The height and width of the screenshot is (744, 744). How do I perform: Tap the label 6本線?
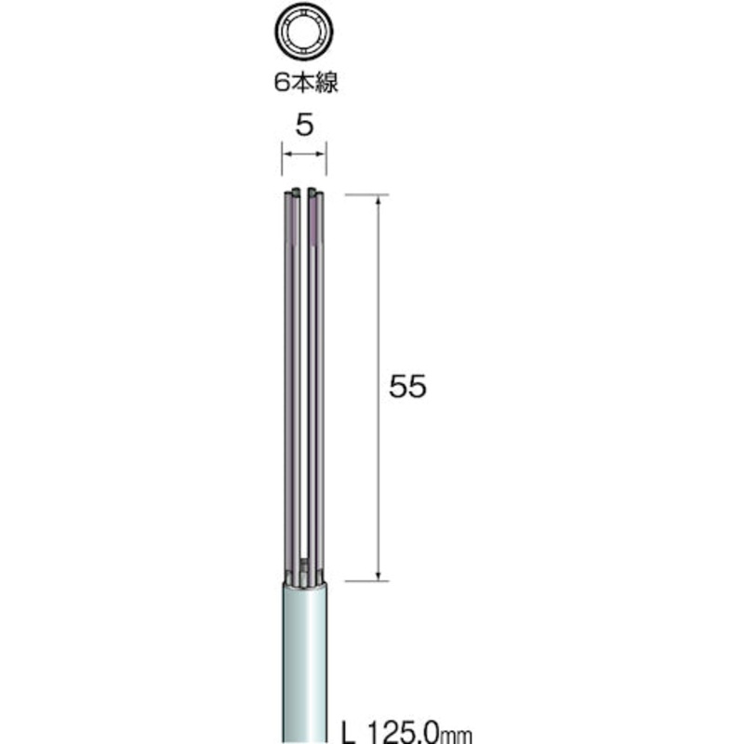pos(305,82)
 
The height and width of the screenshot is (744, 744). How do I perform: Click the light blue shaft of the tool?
pos(304,660)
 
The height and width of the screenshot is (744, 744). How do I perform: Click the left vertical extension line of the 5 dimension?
pos(282,158)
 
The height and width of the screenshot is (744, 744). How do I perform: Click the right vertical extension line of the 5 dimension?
pos(327,158)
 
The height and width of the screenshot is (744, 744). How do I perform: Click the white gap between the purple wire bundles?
pos(304,372)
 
